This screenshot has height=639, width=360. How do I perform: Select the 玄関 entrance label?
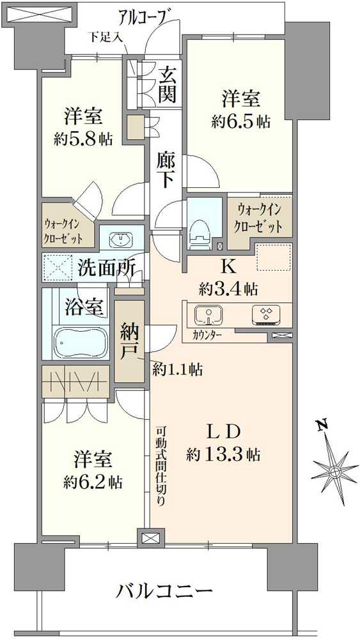(x=168, y=84)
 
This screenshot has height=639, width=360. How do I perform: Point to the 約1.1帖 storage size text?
(x=177, y=369)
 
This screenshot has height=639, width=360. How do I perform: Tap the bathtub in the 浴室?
(x=81, y=343)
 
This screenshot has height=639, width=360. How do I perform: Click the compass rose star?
(x=334, y=472)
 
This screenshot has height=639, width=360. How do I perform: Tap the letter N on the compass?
(x=323, y=424)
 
